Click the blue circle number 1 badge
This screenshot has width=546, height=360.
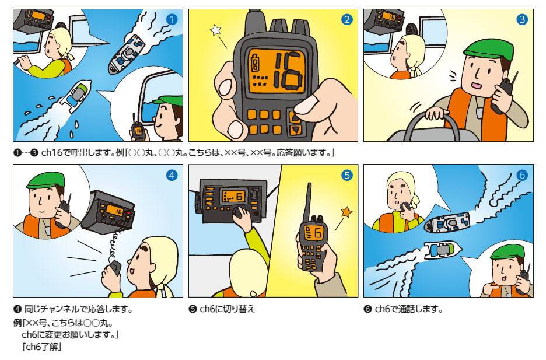click(171, 20)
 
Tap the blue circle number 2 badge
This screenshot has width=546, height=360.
click(347, 20)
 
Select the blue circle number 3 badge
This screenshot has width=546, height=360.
click(522, 20)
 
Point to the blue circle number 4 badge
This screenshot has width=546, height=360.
click(171, 176)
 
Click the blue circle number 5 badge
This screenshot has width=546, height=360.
click(347, 176)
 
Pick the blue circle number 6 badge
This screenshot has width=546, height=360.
click(522, 176)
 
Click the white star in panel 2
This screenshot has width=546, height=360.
click(216, 30)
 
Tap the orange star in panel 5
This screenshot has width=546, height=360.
click(346, 212)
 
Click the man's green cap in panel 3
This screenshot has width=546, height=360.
click(489, 51)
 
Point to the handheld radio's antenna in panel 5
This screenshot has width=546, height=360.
click(308, 202)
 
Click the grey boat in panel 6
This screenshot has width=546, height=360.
click(447, 223)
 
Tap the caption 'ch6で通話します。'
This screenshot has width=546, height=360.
click(408, 309)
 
